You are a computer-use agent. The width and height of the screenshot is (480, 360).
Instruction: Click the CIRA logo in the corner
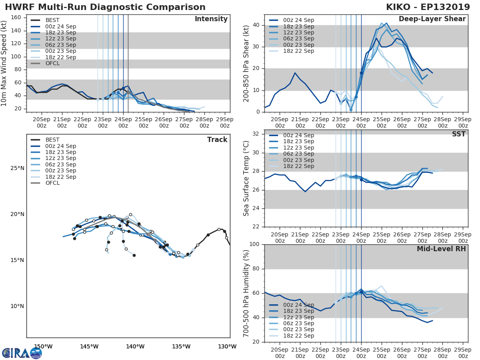pyautogui.click(x=22, y=353)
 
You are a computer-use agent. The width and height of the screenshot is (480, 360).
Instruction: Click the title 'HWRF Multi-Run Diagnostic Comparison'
pyautogui.click(x=105, y=7)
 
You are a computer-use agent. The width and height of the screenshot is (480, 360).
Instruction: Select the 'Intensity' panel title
pyautogui.click(x=211, y=19)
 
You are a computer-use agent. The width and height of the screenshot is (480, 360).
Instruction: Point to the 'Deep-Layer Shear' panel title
pyautogui.click(x=432, y=19)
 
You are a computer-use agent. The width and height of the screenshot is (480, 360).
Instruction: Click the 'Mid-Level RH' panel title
pyautogui.click(x=441, y=249)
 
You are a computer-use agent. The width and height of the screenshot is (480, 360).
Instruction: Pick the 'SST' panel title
pyautogui.click(x=459, y=134)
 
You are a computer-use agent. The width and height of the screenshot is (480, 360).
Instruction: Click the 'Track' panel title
pyautogui.click(x=217, y=140)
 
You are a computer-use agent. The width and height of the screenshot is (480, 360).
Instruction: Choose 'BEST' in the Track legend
pyautogui.click(x=53, y=140)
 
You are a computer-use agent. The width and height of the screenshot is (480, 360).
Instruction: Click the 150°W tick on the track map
pyautogui.click(x=43, y=346)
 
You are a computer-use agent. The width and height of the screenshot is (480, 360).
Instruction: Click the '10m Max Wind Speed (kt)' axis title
pyautogui.click(x=4, y=63)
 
